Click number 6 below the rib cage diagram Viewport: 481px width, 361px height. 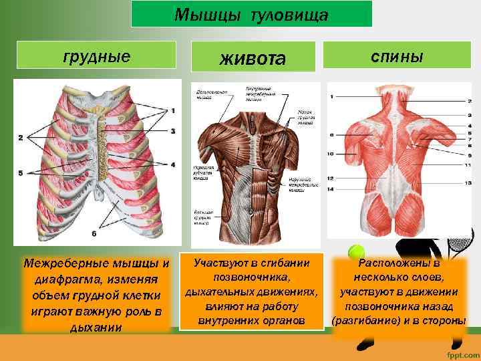pyautogui.click(x=94, y=234)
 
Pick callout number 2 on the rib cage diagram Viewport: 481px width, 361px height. pyautogui.click(x=20, y=138)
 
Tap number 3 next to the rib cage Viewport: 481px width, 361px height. pyautogui.click(x=172, y=131)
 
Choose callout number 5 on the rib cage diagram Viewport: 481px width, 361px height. pyautogui.click(x=20, y=173)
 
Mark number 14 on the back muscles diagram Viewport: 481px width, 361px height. pyautogui.click(x=331, y=189)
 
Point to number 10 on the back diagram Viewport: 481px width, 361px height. pyautogui.click(x=331, y=154)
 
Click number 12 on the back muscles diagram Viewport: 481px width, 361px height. pyautogui.click(x=331, y=178)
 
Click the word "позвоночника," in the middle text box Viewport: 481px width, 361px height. pyautogui.click(x=252, y=277)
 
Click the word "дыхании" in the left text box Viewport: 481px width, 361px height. pyautogui.click(x=96, y=328)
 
